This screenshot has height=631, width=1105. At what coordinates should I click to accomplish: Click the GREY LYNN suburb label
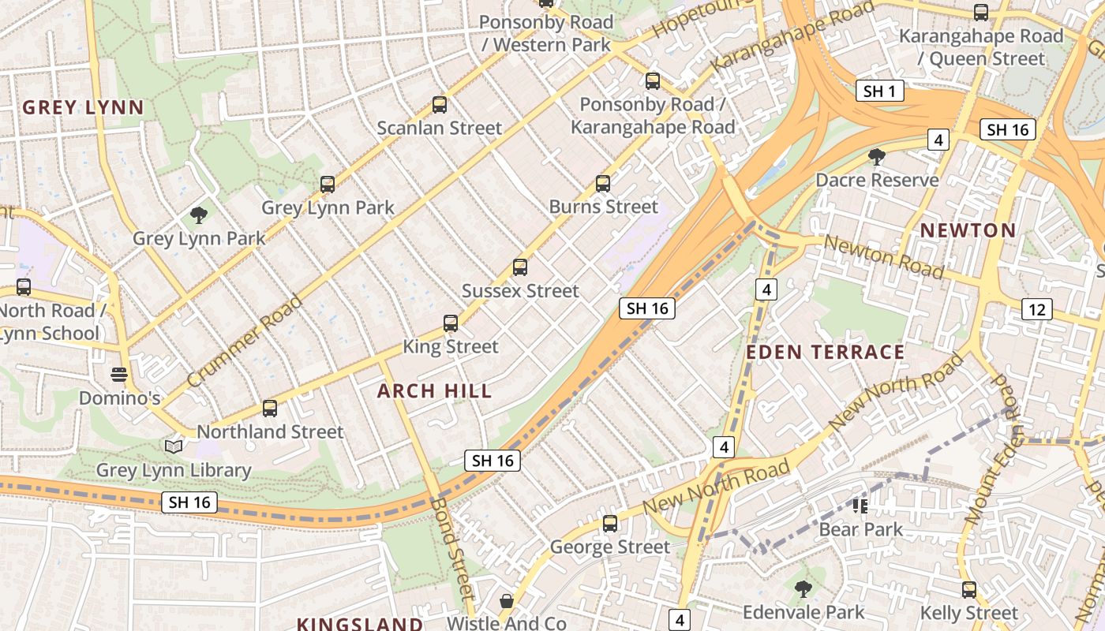(x=83, y=107)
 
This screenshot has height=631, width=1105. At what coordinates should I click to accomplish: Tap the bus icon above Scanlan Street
(x=440, y=104)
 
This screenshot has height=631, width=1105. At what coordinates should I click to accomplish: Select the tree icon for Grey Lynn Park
(x=199, y=215)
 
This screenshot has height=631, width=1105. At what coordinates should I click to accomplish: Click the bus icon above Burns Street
(x=603, y=184)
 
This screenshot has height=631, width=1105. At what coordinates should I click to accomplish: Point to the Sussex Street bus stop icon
(x=519, y=267)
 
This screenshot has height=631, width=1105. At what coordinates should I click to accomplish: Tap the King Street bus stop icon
(x=450, y=323)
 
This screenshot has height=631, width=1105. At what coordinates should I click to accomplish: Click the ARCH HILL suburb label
(x=434, y=390)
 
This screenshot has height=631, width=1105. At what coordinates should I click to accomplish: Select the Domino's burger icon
(x=119, y=374)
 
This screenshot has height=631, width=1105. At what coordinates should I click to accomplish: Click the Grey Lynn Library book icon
(x=174, y=447)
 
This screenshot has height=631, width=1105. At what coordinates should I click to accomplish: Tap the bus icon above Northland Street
(x=270, y=409)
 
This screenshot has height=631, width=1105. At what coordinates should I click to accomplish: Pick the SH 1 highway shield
(x=879, y=91)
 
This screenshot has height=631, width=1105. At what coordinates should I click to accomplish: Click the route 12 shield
(x=1036, y=309)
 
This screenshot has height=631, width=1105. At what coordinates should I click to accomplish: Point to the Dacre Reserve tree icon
(x=876, y=157)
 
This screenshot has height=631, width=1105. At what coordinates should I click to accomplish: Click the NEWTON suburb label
(x=968, y=230)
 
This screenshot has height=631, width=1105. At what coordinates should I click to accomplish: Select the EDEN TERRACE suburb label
(x=825, y=352)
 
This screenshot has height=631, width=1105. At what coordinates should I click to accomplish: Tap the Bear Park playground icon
(x=860, y=506)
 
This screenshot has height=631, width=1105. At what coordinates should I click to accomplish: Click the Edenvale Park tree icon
(x=803, y=588)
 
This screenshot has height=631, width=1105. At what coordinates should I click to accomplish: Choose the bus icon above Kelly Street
(x=968, y=589)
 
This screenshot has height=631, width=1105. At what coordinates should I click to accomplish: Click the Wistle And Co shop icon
(x=506, y=601)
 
